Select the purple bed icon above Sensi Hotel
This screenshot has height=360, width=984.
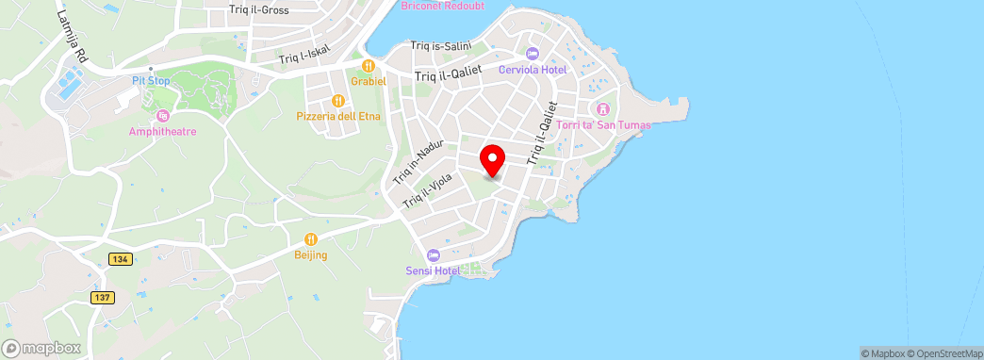[433, 255]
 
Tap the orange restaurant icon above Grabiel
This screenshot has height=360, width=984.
[369, 66]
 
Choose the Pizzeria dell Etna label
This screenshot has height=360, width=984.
[336, 116]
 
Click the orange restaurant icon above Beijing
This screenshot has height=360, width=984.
[310, 239]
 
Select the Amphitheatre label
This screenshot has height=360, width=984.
[163, 131]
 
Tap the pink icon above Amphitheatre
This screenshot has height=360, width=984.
[163, 115]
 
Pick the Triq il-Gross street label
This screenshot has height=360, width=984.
[258, 10]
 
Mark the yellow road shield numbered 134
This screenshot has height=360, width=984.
[119, 259]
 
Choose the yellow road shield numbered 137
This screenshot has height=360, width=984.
[103, 298]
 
